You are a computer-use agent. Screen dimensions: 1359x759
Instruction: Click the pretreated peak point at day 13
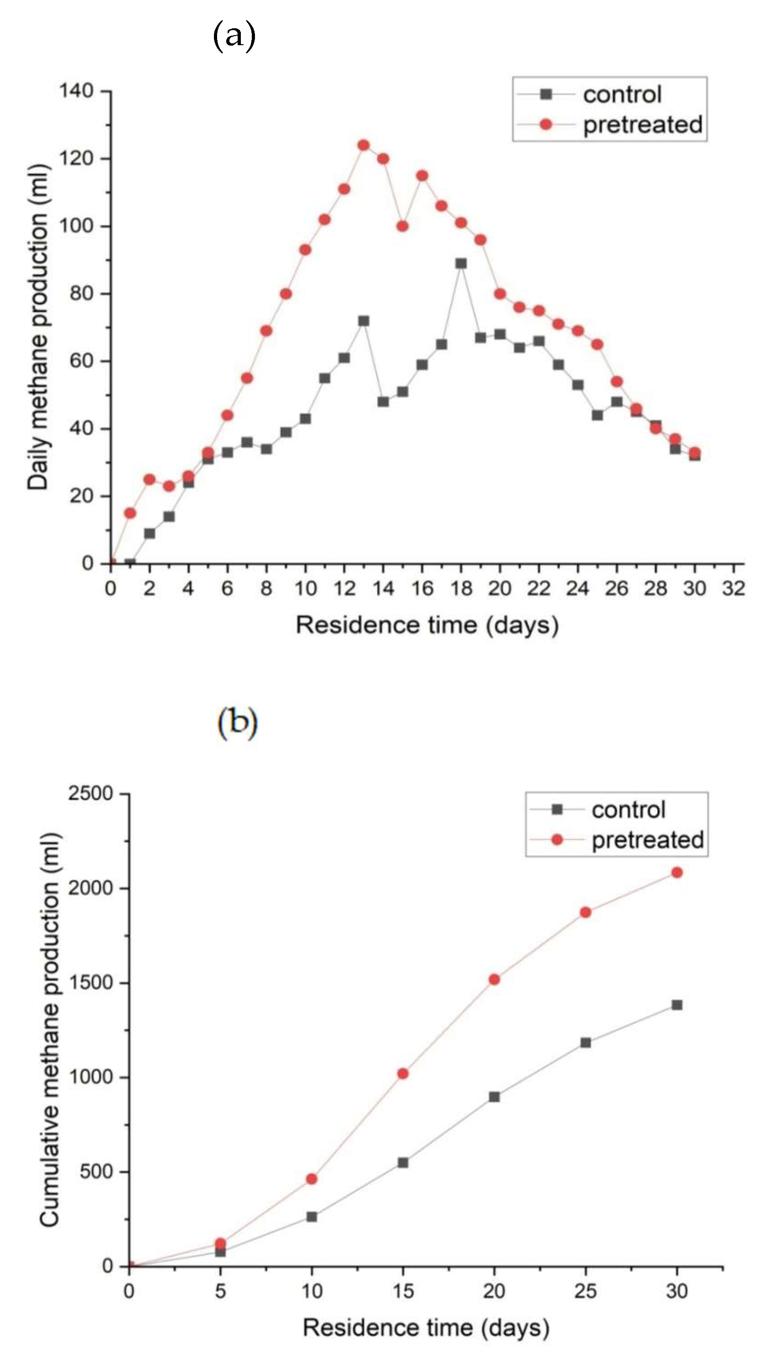(x=363, y=145)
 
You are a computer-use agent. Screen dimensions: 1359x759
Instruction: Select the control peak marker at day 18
(x=461, y=263)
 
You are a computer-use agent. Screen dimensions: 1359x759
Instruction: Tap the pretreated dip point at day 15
(x=402, y=226)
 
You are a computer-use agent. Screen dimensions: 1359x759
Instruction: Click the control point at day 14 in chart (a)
(x=383, y=401)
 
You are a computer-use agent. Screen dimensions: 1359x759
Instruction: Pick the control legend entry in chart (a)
(x=621, y=94)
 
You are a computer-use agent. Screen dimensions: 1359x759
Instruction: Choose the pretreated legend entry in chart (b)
(x=647, y=840)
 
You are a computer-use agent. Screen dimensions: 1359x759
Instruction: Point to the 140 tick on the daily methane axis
(x=76, y=91)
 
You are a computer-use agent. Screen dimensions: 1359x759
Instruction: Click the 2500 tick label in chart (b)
(x=90, y=793)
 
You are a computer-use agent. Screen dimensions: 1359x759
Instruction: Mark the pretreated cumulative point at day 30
(x=677, y=873)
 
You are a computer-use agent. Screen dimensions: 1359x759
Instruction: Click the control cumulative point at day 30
(x=677, y=1005)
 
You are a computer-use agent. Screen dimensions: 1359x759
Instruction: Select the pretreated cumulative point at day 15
(x=402, y=1073)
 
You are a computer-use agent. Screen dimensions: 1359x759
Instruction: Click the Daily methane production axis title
(x=38, y=327)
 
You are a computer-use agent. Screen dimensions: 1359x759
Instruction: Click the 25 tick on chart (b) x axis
(x=585, y=1291)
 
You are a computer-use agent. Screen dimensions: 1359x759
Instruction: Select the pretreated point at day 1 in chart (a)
(x=130, y=513)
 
